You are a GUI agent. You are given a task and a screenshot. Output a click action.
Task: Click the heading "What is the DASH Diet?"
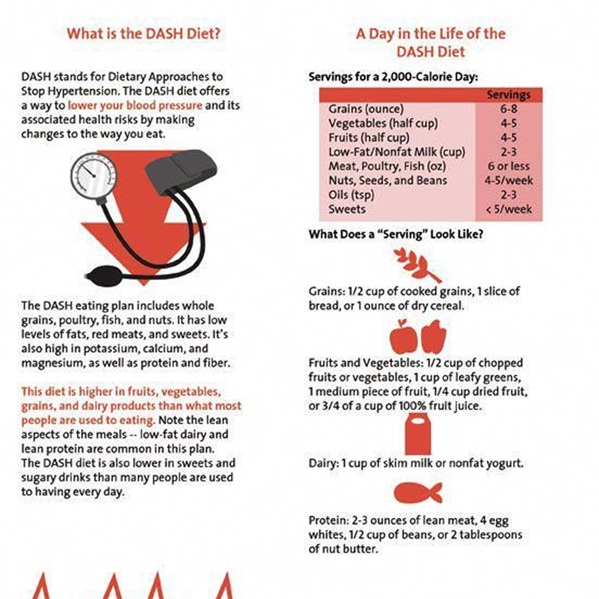click(144, 34)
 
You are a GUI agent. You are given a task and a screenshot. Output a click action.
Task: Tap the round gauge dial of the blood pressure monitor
click(94, 175)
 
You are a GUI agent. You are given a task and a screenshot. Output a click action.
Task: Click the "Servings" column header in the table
click(508, 95)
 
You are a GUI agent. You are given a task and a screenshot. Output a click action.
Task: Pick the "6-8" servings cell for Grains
click(508, 109)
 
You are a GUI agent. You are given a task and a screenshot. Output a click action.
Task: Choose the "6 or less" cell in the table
click(508, 166)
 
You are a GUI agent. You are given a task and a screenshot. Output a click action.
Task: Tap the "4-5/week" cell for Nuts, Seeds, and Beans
click(508, 181)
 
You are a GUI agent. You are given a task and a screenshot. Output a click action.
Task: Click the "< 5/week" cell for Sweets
click(508, 209)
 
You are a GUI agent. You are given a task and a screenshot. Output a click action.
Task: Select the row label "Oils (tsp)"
click(351, 195)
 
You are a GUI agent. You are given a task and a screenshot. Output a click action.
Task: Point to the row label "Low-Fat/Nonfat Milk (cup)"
click(397, 152)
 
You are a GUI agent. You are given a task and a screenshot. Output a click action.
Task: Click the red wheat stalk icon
click(417, 265)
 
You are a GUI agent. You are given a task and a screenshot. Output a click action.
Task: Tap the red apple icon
click(403, 337)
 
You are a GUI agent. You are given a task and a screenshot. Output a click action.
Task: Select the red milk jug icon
click(418, 434)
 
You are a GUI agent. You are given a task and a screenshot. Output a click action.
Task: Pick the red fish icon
click(418, 492)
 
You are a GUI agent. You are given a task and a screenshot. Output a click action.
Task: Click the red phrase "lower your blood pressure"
click(135, 106)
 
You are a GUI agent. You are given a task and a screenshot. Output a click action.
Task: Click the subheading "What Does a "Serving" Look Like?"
click(396, 234)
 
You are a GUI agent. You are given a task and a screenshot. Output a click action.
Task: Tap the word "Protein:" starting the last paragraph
click(329, 520)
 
